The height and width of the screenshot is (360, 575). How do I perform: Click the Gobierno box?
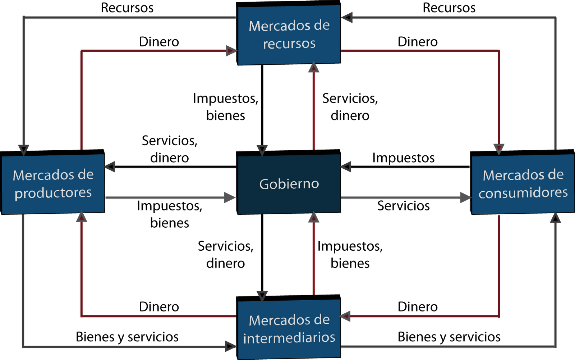point(289,184)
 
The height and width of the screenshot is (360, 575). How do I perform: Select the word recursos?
point(289,44)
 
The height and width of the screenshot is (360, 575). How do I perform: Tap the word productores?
point(53,193)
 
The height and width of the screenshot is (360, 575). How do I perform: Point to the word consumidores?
point(523,193)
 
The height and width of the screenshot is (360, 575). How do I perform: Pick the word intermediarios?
point(289,338)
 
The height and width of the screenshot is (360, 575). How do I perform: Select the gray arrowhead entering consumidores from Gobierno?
point(465,197)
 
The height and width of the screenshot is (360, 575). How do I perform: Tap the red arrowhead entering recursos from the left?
point(231,51)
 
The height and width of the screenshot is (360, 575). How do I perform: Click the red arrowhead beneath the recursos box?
point(314,67)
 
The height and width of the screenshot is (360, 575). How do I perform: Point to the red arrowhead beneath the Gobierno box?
point(314,217)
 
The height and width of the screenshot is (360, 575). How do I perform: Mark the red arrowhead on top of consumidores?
point(499,149)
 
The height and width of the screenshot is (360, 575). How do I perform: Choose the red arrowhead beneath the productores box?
point(82,217)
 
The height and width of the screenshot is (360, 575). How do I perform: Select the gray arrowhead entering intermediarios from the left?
point(230,347)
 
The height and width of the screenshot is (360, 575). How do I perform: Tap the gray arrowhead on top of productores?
point(24,150)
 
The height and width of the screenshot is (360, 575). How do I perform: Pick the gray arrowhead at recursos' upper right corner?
point(347,17)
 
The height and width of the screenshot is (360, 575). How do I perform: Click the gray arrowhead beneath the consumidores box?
point(555,218)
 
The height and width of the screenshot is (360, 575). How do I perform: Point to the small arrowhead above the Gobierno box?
point(262,150)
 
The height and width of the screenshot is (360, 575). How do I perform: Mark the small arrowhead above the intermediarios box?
point(262,296)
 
